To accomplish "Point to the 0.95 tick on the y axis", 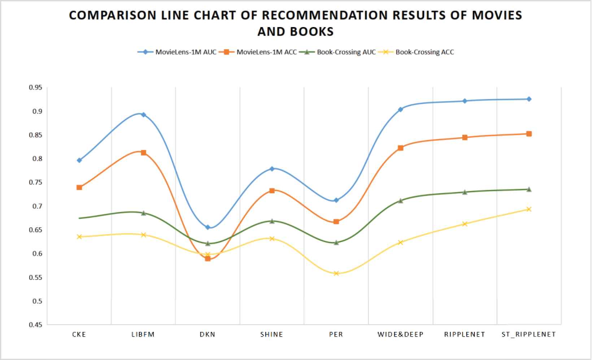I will [35, 88].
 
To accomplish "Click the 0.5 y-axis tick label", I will [37, 301].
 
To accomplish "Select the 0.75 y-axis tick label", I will [35, 183].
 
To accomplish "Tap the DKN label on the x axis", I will [208, 334].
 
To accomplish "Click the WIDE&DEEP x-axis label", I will [400, 334].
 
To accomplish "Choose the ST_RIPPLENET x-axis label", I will [528, 334].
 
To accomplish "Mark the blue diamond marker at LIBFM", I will [143, 115].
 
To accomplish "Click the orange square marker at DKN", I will [208, 258].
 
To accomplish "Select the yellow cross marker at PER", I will [336, 273].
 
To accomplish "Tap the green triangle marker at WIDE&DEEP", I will [400, 201].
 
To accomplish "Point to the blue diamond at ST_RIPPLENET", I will [529, 99].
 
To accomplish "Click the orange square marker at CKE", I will [79, 187].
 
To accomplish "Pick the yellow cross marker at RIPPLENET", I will [465, 224].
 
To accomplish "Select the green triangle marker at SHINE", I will [272, 221].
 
